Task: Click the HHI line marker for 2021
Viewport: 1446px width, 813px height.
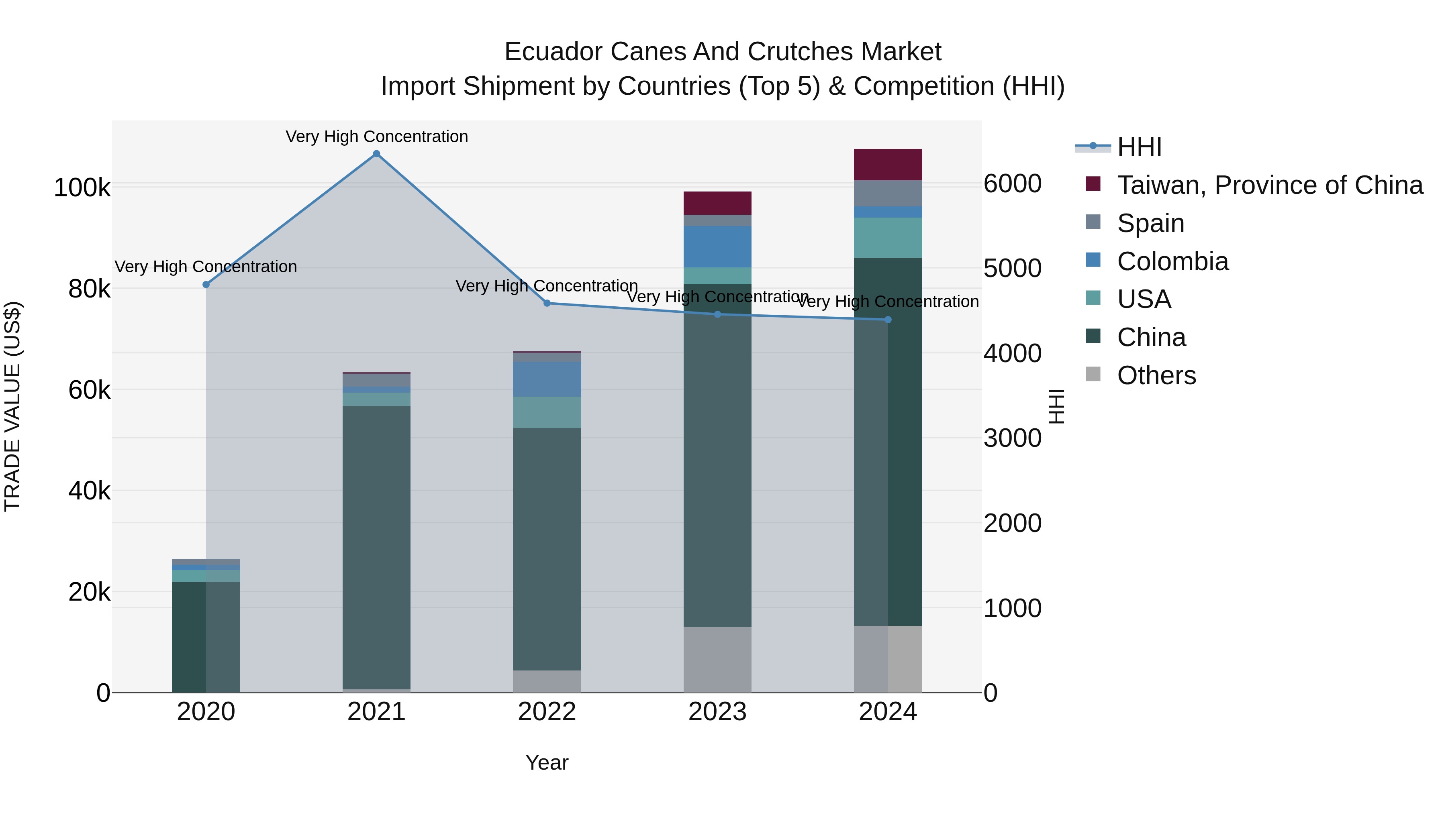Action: [x=377, y=154]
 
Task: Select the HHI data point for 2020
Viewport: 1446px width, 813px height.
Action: [x=206, y=285]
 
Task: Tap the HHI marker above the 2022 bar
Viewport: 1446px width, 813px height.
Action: [x=547, y=303]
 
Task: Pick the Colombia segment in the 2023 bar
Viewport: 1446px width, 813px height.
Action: [x=717, y=247]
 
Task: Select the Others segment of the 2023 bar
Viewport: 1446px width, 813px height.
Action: [x=717, y=659]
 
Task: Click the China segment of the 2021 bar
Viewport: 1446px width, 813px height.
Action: [x=377, y=547]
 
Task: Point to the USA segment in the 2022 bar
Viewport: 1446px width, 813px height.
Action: [x=547, y=412]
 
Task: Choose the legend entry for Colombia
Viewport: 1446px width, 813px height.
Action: [x=1172, y=261]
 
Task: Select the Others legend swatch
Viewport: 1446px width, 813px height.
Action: [x=1093, y=374]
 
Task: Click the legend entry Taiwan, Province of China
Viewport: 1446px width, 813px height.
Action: [x=1269, y=185]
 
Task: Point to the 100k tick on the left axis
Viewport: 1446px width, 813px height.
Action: [x=82, y=188]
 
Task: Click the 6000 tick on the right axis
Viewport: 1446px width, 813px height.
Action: [x=1013, y=184]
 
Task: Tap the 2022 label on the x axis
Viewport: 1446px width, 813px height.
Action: [x=547, y=712]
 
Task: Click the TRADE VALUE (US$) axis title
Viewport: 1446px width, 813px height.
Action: [x=12, y=406]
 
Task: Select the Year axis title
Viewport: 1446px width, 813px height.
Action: [x=547, y=762]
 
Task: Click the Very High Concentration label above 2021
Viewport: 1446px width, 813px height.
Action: [x=377, y=137]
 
